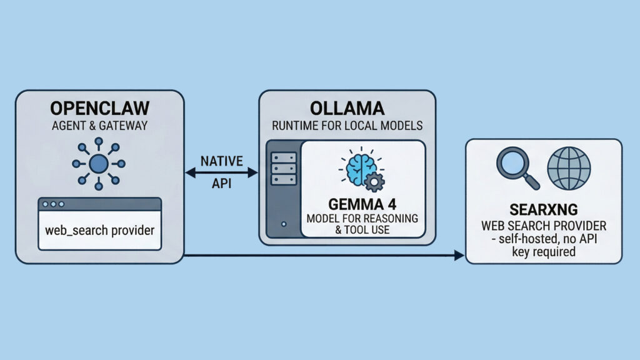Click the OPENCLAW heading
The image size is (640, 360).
tap(99, 107)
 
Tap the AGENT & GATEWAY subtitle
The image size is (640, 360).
tap(99, 126)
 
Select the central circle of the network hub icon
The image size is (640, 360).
tap(99, 164)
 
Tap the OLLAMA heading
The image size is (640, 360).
tap(347, 107)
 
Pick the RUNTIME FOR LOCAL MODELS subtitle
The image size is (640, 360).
tap(347, 126)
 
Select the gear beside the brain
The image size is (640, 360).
tap(375, 182)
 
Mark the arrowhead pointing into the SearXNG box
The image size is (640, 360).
tap(459, 255)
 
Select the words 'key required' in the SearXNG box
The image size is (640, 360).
tap(544, 252)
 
